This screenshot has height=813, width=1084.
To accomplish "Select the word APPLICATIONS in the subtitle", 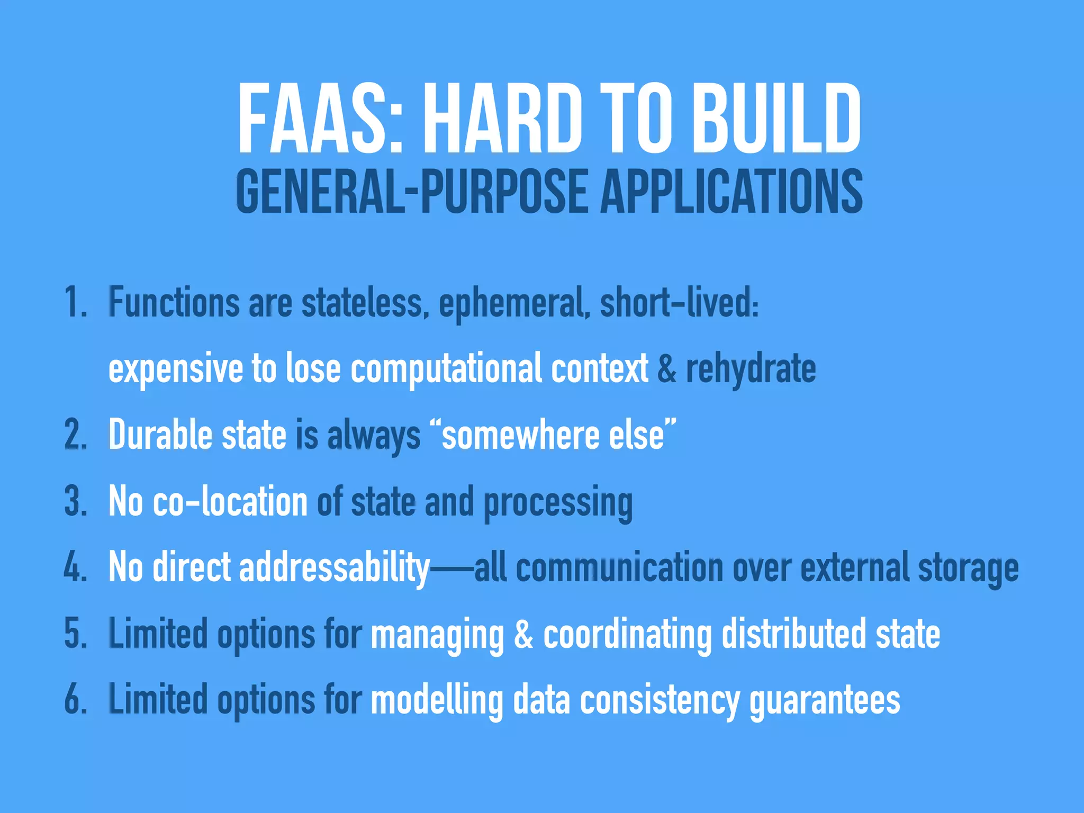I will click(x=731, y=192).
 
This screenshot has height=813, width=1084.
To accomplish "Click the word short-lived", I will click(x=679, y=303).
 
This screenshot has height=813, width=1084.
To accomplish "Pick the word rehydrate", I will click(x=751, y=369).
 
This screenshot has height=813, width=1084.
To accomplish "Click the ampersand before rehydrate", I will click(x=667, y=368).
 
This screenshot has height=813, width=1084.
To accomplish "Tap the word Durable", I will click(x=160, y=435).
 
